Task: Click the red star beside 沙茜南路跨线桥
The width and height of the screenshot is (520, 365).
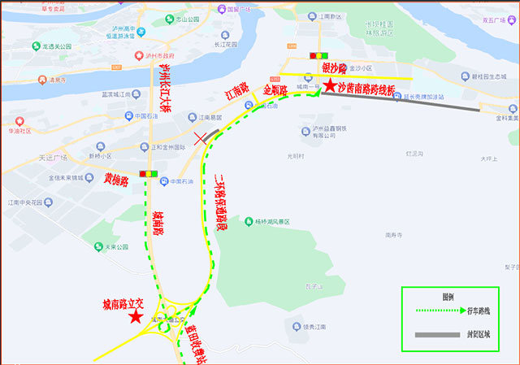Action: coord(329,85)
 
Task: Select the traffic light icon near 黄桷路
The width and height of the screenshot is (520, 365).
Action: coord(149,173)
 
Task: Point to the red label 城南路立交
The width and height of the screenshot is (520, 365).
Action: coord(123,303)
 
